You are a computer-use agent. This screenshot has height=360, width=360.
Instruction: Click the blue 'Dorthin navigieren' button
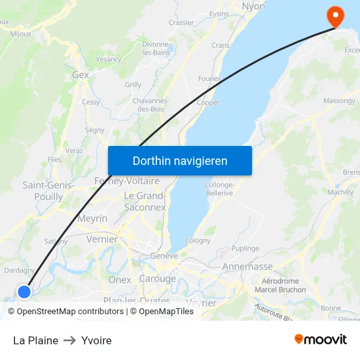[x=179, y=160]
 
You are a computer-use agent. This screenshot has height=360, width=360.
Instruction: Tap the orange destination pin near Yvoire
[x=336, y=16]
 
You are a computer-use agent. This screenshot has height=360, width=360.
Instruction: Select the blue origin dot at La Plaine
[x=24, y=291]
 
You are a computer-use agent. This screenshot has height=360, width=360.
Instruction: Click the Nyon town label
[x=253, y=7]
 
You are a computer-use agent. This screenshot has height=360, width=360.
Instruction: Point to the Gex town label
[x=81, y=75]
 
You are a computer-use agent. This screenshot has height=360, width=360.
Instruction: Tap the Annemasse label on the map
[x=247, y=267]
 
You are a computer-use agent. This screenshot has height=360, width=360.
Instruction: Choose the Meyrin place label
[x=92, y=219]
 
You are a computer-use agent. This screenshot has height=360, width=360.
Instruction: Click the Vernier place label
[x=102, y=240]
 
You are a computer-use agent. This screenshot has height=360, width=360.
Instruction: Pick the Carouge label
[x=157, y=279]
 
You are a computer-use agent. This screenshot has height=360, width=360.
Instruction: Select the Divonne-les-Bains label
[x=156, y=48]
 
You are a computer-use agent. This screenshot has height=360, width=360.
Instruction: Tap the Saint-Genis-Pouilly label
[x=48, y=190]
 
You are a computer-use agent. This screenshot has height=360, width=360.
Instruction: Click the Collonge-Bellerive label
[x=219, y=189]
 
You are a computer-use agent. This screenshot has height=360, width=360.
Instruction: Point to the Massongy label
[x=339, y=101]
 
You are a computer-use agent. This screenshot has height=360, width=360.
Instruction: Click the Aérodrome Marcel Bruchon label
[x=280, y=285]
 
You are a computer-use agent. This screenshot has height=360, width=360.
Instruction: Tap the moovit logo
[x=321, y=340]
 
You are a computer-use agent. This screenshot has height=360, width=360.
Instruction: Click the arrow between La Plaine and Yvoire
[x=69, y=340]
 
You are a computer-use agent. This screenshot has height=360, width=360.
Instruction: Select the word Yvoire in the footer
[x=96, y=340]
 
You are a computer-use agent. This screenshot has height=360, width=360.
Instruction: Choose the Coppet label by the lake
[x=207, y=103]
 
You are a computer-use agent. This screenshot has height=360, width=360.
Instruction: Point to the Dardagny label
[x=20, y=270]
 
